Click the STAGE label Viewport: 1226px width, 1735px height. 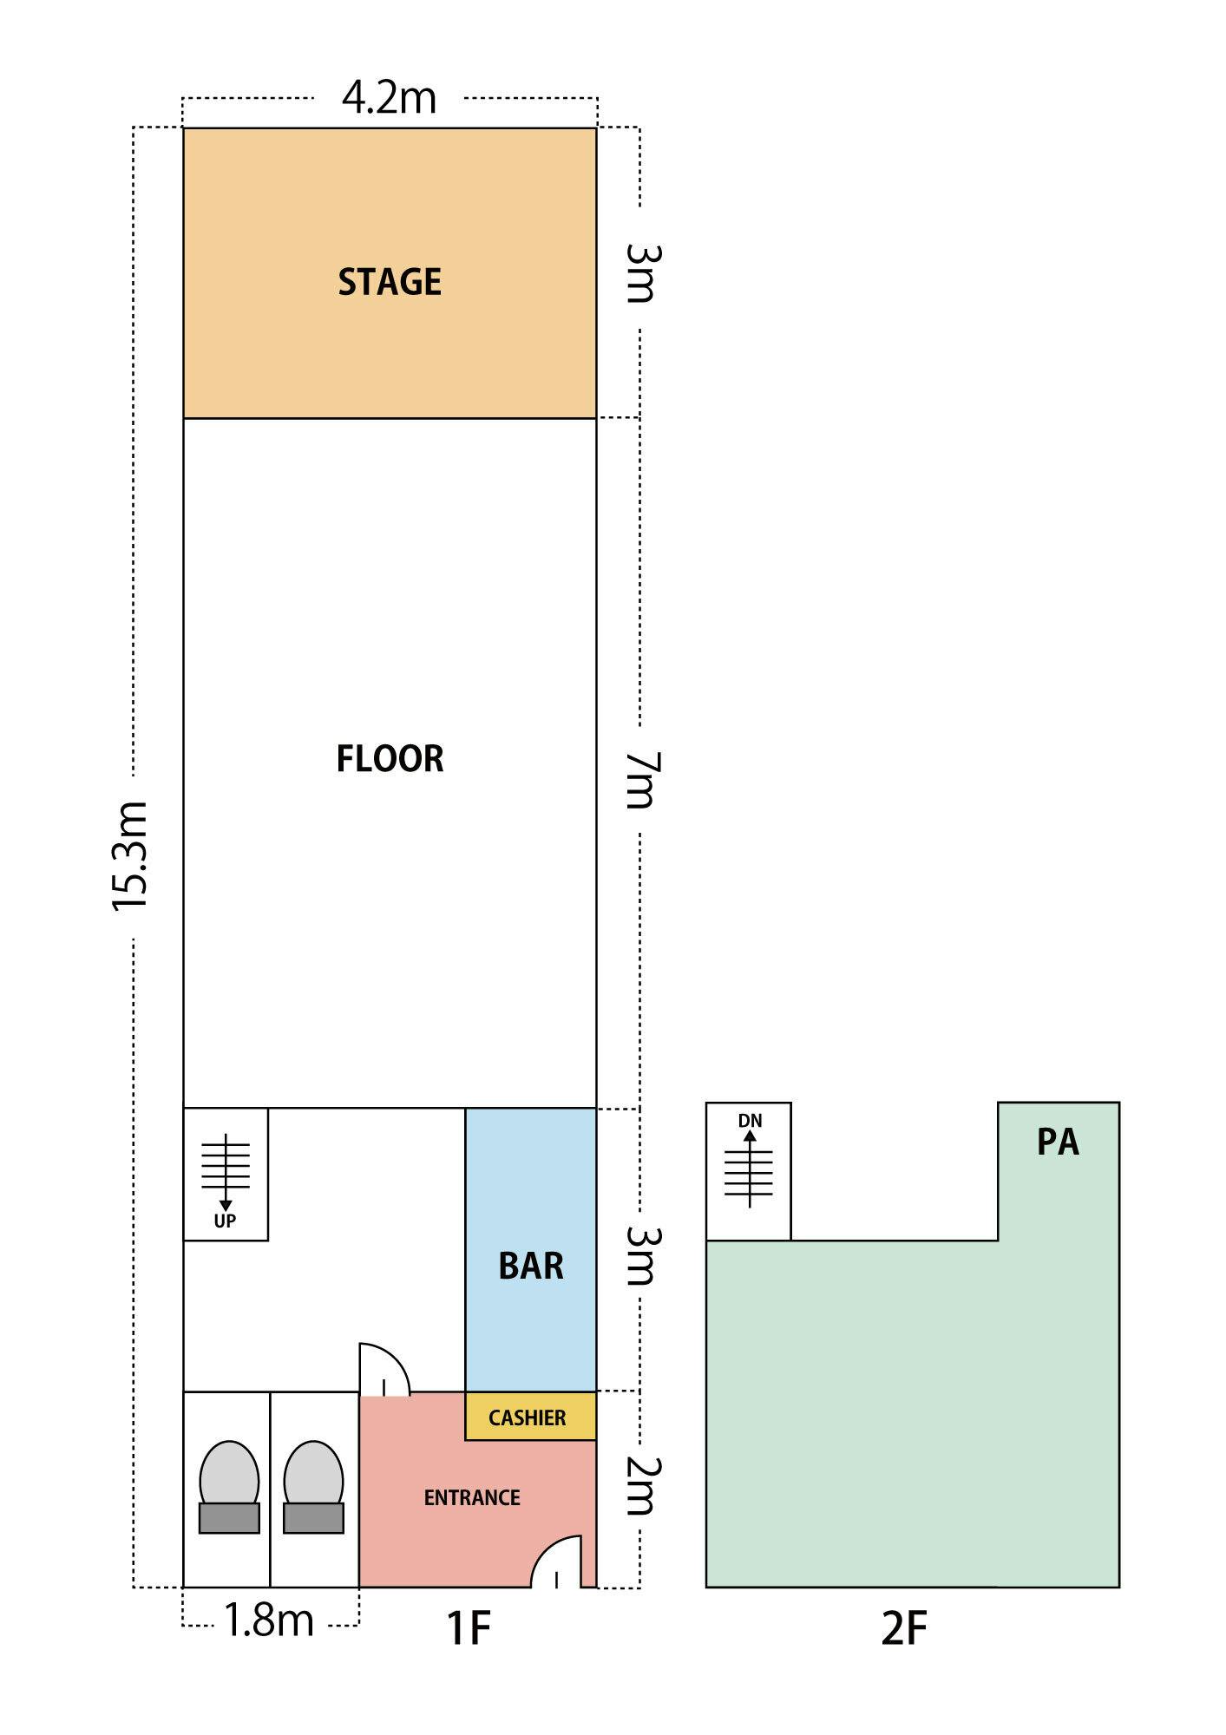point(390,282)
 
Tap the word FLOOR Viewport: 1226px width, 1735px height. point(390,759)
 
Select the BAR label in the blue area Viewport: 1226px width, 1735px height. point(531,1267)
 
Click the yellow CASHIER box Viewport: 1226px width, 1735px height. point(530,1417)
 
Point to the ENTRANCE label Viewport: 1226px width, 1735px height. point(472,1498)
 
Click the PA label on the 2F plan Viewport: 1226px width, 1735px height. point(1058,1142)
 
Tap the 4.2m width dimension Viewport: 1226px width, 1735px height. point(389,97)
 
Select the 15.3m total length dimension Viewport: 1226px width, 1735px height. point(131,855)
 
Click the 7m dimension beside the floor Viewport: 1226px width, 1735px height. point(642,780)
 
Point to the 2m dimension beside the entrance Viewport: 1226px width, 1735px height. point(642,1487)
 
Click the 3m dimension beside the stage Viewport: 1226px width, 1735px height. point(642,273)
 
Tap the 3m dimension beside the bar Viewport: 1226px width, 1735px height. point(642,1255)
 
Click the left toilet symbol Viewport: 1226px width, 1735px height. point(229,1487)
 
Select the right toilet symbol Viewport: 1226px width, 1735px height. point(313,1487)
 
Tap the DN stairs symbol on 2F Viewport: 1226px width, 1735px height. point(749,1160)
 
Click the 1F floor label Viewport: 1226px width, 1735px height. point(469,1628)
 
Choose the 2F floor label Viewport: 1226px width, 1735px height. point(904,1628)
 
